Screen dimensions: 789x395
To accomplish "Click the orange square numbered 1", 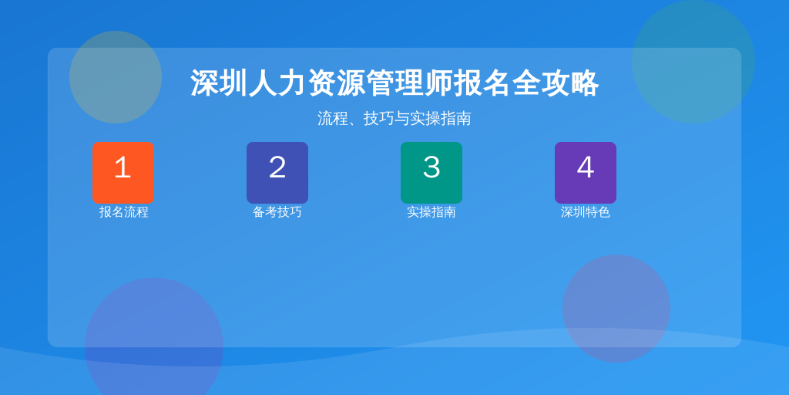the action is [x=123, y=173].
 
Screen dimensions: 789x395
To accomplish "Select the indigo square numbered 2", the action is [x=277, y=173].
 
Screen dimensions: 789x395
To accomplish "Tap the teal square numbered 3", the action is [x=431, y=173].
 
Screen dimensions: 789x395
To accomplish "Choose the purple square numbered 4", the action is [x=586, y=173].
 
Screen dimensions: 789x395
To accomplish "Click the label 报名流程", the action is [x=123, y=212].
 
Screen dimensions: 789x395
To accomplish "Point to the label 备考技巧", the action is [x=277, y=212].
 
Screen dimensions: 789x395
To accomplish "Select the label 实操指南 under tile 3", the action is [x=431, y=212].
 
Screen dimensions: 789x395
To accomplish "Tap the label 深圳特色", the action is [x=586, y=212].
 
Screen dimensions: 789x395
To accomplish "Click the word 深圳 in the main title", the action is [x=219, y=83].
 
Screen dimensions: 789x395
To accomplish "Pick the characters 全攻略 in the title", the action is [x=556, y=83].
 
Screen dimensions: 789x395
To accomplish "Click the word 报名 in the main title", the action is [x=482, y=83].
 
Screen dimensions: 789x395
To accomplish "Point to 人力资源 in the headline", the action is [x=307, y=83].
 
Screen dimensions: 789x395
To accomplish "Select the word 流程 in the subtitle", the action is [x=333, y=118].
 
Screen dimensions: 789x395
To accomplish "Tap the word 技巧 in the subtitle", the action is [x=379, y=118].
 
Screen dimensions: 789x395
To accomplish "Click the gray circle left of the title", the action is [x=116, y=77].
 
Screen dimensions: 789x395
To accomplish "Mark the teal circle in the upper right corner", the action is [x=693, y=62].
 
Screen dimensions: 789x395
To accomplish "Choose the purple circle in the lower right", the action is [x=616, y=309].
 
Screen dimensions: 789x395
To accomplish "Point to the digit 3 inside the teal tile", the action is [x=431, y=167].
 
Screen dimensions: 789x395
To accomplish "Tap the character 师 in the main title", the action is [x=438, y=83].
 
